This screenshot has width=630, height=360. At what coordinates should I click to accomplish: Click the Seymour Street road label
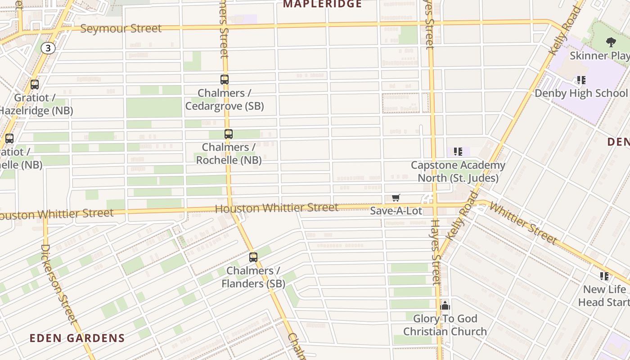point(121,28)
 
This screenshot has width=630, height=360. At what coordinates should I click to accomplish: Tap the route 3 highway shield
point(48,48)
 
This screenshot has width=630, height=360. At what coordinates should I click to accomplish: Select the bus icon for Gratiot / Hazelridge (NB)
point(35,85)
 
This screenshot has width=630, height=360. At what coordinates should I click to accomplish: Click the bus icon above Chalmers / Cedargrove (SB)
point(225,80)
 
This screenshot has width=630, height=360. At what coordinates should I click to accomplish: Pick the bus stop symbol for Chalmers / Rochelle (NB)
point(229,134)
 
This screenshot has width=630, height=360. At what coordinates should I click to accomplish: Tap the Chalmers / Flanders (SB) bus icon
point(253,257)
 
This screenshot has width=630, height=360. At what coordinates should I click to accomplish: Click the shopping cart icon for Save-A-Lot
point(396,198)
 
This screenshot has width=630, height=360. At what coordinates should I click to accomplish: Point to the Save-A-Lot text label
point(396,211)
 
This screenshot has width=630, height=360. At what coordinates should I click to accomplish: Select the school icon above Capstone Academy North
point(458,152)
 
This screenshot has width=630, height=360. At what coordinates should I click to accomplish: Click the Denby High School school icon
point(581,80)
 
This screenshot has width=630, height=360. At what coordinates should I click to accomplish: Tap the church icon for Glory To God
point(445,306)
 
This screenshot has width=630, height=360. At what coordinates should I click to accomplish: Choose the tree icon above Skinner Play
point(611,42)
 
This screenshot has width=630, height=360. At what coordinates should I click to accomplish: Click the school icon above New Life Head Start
point(604,276)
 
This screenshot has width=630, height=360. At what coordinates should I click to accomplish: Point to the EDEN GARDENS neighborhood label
point(77,338)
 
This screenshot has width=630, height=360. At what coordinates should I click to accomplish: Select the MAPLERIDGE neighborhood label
point(322,4)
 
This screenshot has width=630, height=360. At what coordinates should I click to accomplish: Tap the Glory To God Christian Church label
point(445,325)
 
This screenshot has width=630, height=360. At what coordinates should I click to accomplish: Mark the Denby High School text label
point(581,93)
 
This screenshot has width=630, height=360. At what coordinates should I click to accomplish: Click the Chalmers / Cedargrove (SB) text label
point(225,99)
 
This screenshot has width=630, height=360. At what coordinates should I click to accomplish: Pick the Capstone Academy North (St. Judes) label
point(458,171)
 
